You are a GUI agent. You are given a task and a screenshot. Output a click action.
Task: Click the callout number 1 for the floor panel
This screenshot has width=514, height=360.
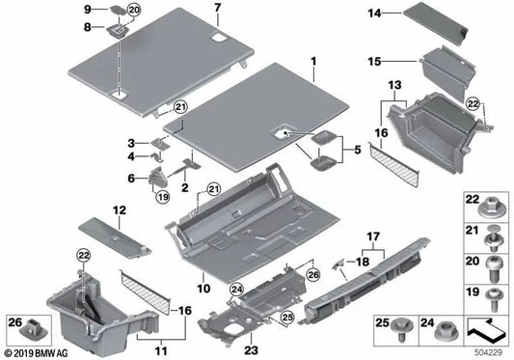coord(311,73)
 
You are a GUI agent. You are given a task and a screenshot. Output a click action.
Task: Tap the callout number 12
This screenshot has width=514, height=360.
coord(119,209)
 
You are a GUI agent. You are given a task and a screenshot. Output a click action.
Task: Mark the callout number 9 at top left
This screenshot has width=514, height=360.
coord(87,9)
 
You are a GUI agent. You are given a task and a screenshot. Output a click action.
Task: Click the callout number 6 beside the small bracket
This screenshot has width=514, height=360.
coord(131,178)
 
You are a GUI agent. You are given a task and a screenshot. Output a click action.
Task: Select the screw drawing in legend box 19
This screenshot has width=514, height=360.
coord(493,295)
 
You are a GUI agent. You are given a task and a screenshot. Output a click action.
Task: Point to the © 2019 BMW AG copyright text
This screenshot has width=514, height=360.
coord(39,352)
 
